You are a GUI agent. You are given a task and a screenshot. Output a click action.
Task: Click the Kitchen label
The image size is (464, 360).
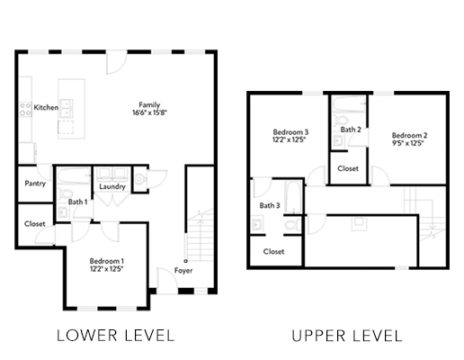click(x=46, y=107)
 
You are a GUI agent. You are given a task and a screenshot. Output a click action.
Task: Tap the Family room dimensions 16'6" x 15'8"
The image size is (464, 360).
click(x=149, y=112)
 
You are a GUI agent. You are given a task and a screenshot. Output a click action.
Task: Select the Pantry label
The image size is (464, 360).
click(x=35, y=184)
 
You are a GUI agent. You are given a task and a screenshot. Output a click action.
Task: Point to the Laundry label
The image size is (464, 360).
click(x=112, y=186)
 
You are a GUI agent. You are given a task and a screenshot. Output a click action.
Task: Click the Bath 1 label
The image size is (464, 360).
click(x=77, y=202)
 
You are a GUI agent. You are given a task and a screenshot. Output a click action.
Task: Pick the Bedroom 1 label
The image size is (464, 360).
click(x=106, y=261)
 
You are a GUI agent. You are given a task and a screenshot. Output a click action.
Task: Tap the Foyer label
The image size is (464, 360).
click(x=183, y=271)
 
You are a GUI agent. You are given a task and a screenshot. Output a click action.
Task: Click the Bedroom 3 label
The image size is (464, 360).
click(x=290, y=132)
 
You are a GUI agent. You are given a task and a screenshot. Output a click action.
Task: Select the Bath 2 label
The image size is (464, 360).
click(x=351, y=130)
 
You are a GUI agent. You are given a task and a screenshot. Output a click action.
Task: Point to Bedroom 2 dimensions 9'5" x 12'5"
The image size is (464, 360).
click(x=407, y=143)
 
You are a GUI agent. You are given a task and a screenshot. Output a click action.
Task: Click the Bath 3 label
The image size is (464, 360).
click(x=270, y=205)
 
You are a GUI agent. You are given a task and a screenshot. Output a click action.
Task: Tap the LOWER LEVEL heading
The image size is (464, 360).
click(x=116, y=336)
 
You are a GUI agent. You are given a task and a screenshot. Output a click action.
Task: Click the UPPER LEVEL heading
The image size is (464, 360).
click(x=347, y=336)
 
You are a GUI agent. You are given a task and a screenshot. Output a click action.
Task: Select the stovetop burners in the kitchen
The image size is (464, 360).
click(x=25, y=110)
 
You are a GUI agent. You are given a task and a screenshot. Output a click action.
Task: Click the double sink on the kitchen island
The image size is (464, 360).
click(x=66, y=109)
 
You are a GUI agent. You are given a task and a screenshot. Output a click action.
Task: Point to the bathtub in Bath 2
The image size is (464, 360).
click(x=350, y=104)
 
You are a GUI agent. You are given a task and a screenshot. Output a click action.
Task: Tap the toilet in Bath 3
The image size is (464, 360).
click(x=292, y=224)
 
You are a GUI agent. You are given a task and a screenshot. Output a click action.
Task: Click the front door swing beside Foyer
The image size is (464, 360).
click(x=167, y=281)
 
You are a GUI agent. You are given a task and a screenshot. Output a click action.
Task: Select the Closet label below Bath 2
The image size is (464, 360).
click(x=348, y=168)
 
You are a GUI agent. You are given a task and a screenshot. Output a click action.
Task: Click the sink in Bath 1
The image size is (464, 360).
click(x=63, y=212)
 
